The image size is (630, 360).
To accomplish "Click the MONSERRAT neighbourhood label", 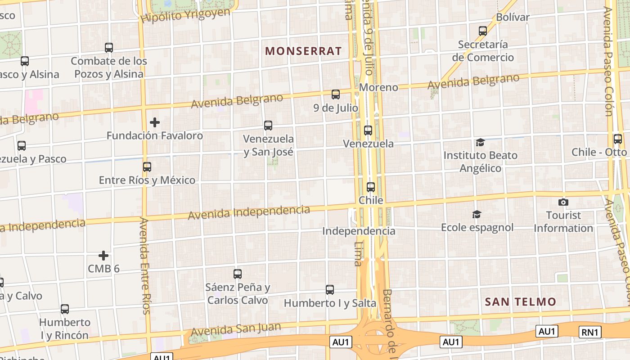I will coord(303,51).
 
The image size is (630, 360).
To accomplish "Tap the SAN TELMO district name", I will coord(520,301).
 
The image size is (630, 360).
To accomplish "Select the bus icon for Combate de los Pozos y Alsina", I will coord(108,48).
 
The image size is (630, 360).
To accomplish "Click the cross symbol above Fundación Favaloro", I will coord(155,122).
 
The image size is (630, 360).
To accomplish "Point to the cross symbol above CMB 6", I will coord(103,256).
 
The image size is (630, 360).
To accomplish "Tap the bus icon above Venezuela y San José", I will coord(268,126).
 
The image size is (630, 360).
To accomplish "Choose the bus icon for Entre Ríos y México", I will coord(147,167).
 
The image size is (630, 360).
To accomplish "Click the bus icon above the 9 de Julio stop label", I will coord(336,94).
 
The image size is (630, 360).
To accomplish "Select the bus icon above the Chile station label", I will coord(371,187).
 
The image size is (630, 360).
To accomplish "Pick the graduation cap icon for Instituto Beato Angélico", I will coord(480,143).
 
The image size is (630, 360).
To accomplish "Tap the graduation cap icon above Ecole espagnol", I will coord(477,215).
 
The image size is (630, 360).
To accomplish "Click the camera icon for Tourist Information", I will coord(563,202).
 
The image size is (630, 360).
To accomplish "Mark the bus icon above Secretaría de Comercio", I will coord(483,31).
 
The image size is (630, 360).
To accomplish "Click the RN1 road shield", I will coord(590,332).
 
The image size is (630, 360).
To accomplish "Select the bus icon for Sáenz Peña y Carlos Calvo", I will coord(238,274).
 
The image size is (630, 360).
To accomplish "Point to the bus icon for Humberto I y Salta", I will coord(330,290).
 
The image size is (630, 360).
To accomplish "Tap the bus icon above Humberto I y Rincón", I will coord(65,309).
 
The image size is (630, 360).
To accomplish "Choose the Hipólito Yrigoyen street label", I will coord(185,16).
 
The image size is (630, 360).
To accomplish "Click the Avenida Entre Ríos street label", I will coord(144,265).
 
